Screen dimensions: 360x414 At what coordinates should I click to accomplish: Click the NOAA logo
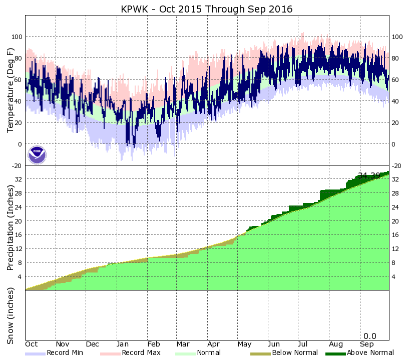37,154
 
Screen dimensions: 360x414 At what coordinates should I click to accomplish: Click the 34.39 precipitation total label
369,175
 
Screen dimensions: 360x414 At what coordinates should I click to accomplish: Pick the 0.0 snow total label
369,336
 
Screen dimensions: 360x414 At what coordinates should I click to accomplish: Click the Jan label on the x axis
123,344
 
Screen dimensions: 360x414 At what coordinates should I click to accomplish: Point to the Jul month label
303,344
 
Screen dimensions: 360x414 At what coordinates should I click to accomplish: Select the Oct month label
32,344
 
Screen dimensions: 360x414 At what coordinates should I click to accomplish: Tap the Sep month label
366,344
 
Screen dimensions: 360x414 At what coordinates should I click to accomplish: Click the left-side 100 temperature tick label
17,37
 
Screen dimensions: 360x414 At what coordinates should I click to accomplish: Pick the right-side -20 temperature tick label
397,165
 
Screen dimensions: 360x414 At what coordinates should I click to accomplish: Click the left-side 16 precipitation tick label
19,234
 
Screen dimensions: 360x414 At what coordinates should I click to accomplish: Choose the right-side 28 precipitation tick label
395,193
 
